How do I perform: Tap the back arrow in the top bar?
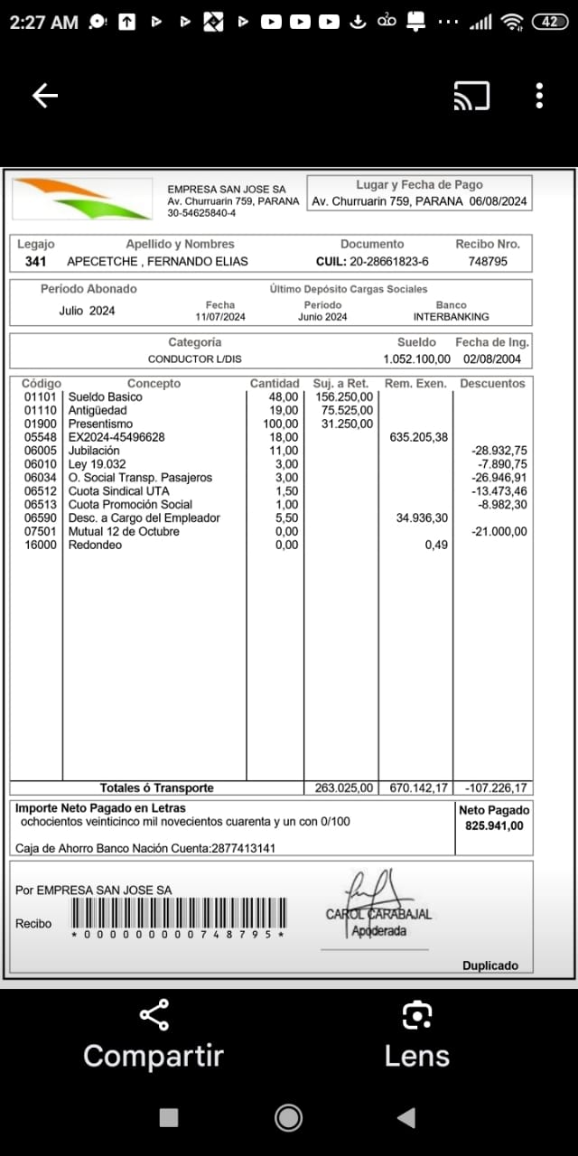44,96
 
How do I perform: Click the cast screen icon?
471,96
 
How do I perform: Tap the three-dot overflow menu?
539,96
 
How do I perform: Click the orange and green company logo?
82,199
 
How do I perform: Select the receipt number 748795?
488,261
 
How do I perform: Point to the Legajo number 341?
35,261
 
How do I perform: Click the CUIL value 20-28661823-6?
372,261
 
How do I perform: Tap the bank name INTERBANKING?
451,317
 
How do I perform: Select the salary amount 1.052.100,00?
416,359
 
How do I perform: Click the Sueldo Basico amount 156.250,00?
342,396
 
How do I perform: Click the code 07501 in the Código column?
40,531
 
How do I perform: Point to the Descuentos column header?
492,383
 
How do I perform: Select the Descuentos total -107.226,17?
494,788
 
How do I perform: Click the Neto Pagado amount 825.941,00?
494,825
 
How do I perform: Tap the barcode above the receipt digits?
178,912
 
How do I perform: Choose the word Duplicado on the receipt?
490,965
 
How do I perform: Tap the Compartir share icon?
154,1015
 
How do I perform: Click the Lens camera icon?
416,1015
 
